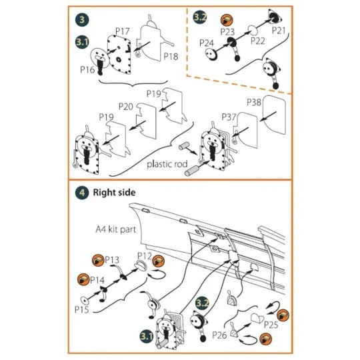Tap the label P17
(x=122, y=31)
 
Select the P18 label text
(x=171, y=57)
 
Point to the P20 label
(x=126, y=106)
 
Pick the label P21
(x=279, y=31)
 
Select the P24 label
(x=208, y=43)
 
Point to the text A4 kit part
(x=114, y=228)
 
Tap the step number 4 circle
(x=81, y=193)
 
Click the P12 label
(x=145, y=255)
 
